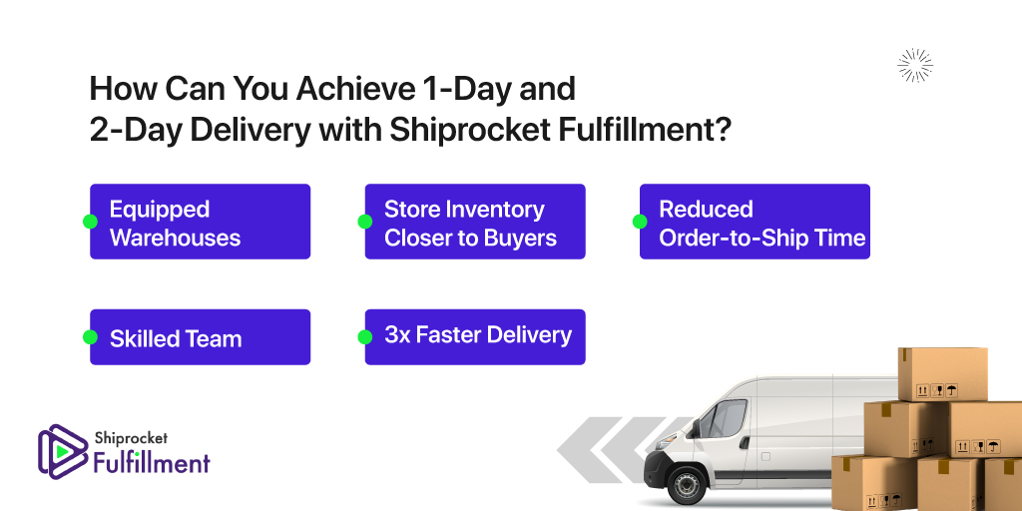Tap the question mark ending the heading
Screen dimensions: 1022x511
click(722, 129)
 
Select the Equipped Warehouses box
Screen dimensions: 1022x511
click(200, 222)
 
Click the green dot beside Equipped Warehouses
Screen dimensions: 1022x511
click(90, 222)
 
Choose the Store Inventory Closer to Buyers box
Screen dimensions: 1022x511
click(475, 222)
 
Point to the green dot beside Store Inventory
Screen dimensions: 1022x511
click(365, 222)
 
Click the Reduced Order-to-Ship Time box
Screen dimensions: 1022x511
click(755, 222)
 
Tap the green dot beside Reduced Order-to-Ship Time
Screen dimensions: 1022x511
click(640, 222)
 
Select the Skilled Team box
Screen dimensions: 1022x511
click(200, 337)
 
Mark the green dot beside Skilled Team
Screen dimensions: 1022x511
click(90, 337)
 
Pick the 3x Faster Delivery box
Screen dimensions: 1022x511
click(475, 337)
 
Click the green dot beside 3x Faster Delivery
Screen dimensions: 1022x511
click(365, 337)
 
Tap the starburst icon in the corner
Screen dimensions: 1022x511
click(915, 66)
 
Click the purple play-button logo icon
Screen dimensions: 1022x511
click(63, 452)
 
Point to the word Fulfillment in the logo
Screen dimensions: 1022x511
click(152, 462)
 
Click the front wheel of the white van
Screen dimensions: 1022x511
click(686, 486)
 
